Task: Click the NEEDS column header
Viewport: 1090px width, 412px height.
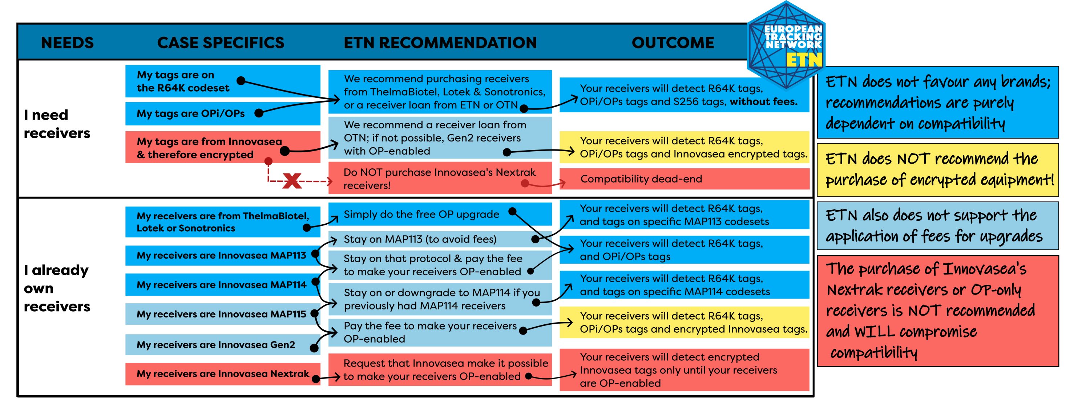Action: [x=67, y=43]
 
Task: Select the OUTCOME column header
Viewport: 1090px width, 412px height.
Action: [x=673, y=43]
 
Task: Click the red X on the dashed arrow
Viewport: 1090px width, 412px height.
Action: [x=292, y=181]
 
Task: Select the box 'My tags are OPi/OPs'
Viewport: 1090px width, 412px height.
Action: [x=190, y=113]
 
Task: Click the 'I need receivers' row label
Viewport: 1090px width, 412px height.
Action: [x=57, y=124]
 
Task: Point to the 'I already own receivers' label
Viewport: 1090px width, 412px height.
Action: [x=57, y=288]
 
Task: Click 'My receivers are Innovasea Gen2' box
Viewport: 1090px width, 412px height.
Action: [x=216, y=345]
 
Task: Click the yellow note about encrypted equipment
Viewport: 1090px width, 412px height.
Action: [x=937, y=170]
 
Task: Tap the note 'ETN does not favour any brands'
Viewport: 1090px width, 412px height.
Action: [x=937, y=103]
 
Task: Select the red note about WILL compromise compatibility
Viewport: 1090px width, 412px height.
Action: [x=937, y=311]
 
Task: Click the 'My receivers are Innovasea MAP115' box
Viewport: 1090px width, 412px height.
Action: [x=221, y=314]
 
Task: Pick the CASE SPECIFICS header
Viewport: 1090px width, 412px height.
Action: [x=221, y=43]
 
